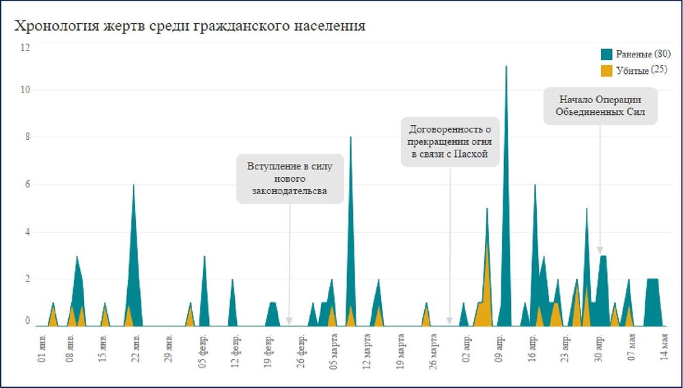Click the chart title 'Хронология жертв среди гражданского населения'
(x=191, y=26)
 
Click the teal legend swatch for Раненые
(x=606, y=55)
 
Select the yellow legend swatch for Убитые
(x=606, y=70)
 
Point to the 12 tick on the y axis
(x=25, y=48)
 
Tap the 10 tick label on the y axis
(x=25, y=90)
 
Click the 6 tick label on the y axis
(x=25, y=184)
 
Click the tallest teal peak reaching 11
(x=506, y=67)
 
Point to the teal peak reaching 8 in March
(x=350, y=138)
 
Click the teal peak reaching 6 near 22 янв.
(x=133, y=186)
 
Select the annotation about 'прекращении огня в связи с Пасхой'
(x=449, y=142)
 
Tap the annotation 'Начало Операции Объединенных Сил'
(x=600, y=105)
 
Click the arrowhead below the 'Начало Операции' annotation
(x=600, y=251)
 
